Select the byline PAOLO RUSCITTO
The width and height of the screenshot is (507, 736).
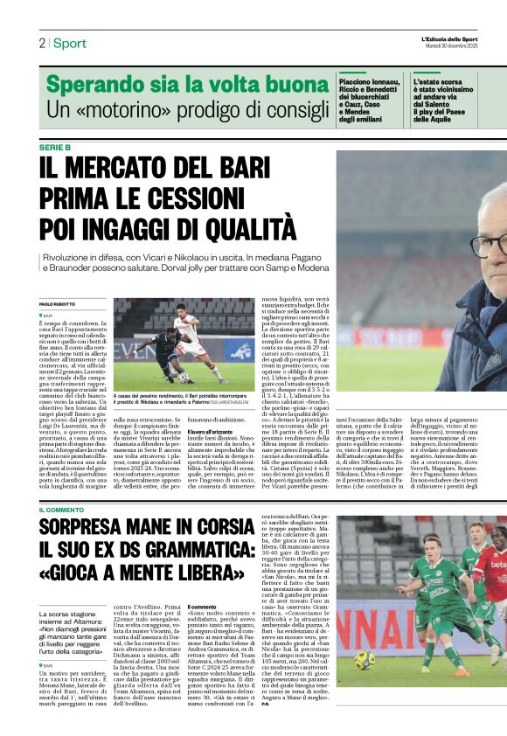click(x=58, y=303)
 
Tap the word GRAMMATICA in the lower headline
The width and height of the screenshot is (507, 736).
click(x=210, y=552)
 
